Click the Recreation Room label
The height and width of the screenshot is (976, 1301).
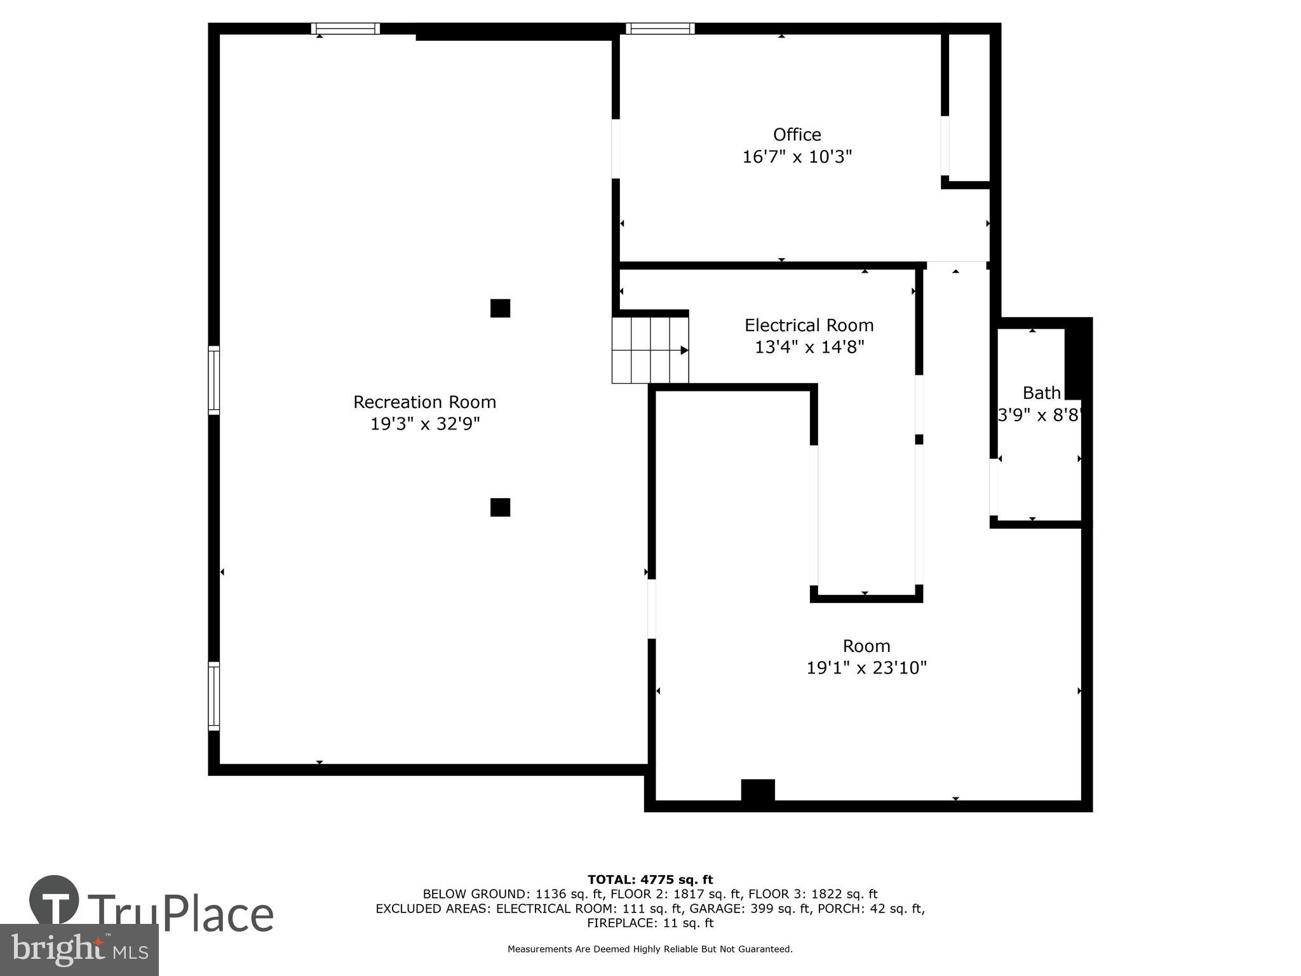(x=424, y=402)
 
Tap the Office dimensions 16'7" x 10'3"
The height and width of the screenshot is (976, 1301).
(x=797, y=156)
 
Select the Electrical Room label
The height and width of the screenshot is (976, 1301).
(x=809, y=325)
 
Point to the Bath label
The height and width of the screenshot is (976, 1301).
(x=1041, y=393)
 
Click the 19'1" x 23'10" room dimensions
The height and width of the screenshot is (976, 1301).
(x=866, y=668)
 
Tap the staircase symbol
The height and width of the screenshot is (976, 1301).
(x=650, y=350)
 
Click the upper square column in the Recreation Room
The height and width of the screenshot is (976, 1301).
(x=500, y=308)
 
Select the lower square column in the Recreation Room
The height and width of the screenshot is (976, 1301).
(x=500, y=507)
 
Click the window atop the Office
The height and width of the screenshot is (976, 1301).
(x=660, y=29)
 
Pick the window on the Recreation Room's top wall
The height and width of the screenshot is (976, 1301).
(x=346, y=29)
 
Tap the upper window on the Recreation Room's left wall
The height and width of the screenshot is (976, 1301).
(x=214, y=381)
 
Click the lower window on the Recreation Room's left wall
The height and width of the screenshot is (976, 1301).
(x=214, y=696)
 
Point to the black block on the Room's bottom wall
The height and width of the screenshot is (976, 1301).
(x=758, y=790)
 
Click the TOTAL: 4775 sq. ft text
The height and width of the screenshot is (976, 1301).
(x=650, y=879)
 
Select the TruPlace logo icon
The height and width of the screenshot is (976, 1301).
(x=55, y=900)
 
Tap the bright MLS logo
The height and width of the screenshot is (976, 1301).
(x=79, y=949)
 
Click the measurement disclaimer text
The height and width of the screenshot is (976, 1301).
(x=650, y=949)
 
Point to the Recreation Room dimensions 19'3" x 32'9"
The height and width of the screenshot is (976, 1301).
(x=424, y=424)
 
